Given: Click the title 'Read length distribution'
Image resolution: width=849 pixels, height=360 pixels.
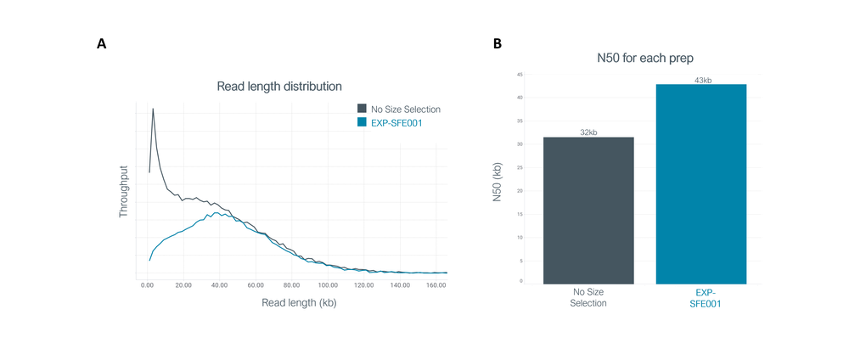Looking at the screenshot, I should [279, 87].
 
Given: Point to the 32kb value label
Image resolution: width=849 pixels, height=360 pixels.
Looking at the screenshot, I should [588, 132].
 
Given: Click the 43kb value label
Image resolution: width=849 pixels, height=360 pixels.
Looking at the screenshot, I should [701, 80].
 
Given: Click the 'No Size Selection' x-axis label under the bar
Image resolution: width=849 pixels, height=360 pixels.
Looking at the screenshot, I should [588, 298].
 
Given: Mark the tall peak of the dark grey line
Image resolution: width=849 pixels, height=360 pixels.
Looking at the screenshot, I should [153, 109].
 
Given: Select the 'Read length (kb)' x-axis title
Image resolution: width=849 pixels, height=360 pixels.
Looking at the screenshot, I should [299, 303].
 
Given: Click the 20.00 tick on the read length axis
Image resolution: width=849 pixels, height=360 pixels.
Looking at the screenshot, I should [183, 284].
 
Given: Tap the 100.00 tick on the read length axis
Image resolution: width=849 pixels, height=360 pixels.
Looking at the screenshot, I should [328, 284].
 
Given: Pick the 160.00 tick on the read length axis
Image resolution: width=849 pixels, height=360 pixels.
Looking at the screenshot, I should [436, 284].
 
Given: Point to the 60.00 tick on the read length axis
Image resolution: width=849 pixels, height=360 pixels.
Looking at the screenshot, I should [256, 284].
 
